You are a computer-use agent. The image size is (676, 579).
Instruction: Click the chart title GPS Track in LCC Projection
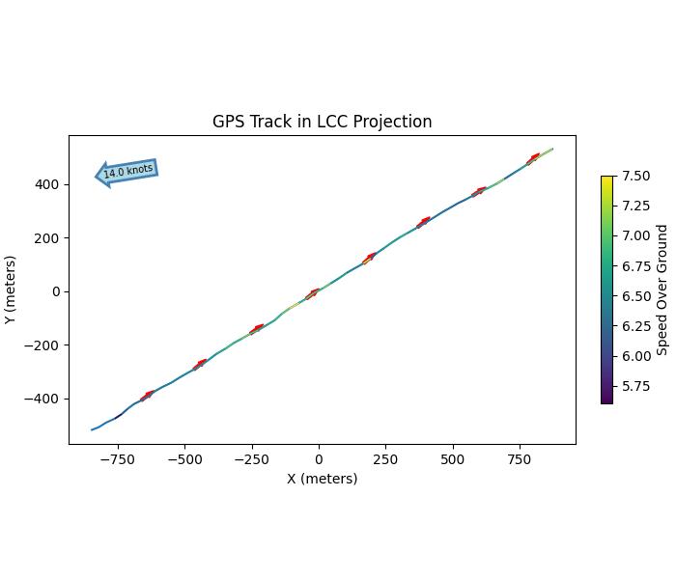[x=322, y=122]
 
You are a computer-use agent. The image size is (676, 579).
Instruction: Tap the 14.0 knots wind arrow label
[x=127, y=172]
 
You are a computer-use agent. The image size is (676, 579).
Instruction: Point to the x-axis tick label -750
[x=117, y=460]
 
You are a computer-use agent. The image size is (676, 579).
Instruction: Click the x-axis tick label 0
[x=319, y=460]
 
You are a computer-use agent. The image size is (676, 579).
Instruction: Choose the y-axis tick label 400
[x=48, y=184]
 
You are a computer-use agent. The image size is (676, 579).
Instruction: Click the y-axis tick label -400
[x=44, y=399]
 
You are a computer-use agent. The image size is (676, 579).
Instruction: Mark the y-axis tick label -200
[x=44, y=345]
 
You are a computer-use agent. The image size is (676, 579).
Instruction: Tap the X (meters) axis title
[x=322, y=479]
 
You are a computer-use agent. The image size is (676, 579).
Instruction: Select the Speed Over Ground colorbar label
[x=662, y=289]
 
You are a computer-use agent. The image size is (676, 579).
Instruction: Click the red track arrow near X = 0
[x=313, y=293]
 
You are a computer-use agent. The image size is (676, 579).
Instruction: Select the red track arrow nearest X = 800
[x=533, y=158]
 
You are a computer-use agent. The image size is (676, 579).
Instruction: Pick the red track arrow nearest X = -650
[x=148, y=395]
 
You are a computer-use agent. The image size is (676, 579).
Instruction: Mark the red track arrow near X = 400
[x=423, y=223]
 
